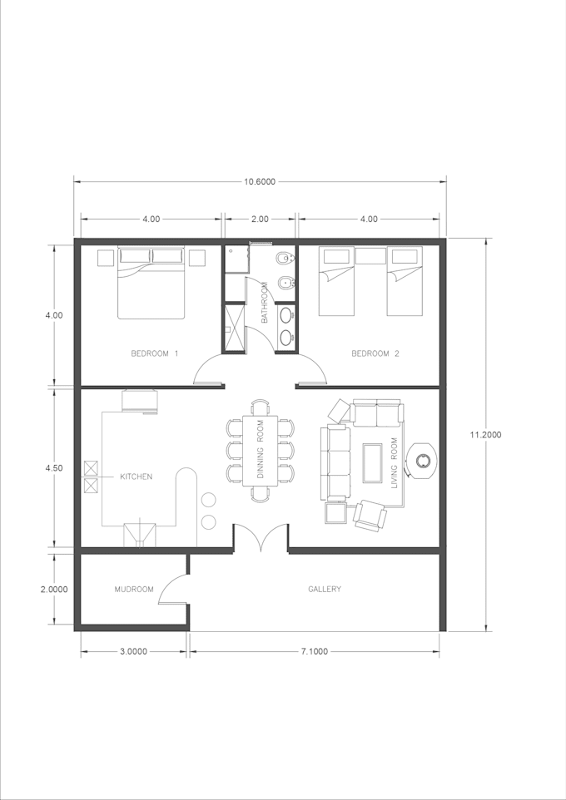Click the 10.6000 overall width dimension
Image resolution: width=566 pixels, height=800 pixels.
pos(260,181)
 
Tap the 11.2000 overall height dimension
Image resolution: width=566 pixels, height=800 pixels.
pos(486,435)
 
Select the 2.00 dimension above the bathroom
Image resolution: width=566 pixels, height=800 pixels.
pos(260,219)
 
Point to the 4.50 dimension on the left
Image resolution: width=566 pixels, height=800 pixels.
pos(54,468)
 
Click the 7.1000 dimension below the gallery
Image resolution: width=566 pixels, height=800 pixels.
pos(314,651)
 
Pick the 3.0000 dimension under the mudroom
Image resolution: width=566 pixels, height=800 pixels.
pos(133,651)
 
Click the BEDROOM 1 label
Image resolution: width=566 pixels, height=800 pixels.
pos(154,353)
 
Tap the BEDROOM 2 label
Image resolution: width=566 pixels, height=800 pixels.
pos(375,353)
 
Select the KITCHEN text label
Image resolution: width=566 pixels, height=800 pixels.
pos(136,477)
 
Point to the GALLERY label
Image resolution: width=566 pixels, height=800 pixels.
pos(325,589)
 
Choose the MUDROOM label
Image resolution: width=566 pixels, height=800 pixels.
pos(134,590)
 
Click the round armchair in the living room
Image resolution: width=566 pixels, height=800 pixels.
pos(421,461)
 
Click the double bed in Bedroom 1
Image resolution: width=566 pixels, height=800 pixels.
pos(151,284)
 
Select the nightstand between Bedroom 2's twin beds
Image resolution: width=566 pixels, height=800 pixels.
pos(370,256)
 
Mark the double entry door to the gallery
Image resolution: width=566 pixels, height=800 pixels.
pos(261,538)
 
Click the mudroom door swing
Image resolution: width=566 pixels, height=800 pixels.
pos(173,588)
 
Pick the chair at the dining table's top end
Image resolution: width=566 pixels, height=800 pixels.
pos(261,407)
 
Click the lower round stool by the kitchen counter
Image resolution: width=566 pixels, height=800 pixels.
pos(208,522)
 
